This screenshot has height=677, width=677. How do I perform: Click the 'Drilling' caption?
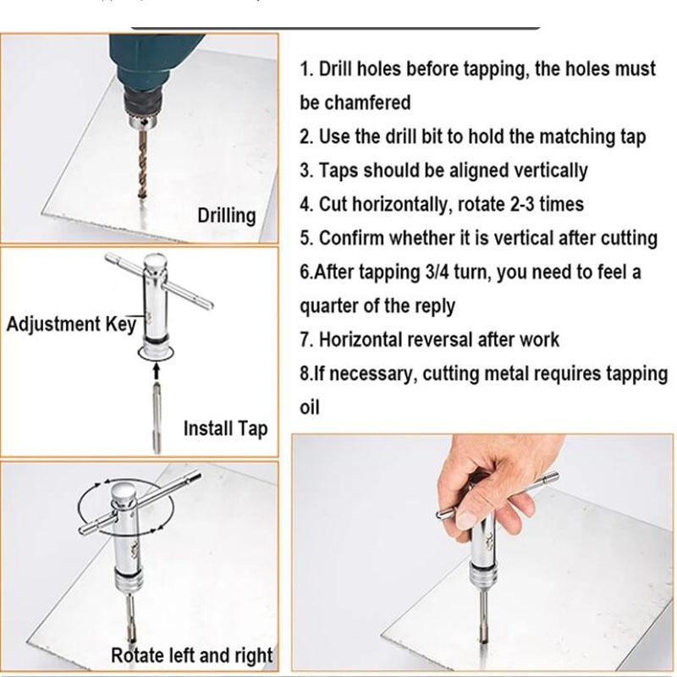click(227, 216)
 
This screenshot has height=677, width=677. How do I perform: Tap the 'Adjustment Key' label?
click(71, 324)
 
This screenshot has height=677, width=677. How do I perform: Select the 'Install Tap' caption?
click(225, 429)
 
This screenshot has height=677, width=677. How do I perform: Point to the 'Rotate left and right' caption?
click(192, 655)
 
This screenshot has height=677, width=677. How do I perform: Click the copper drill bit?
click(143, 163)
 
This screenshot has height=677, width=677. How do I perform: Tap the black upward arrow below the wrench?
click(157, 372)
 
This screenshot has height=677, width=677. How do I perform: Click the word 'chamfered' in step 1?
click(367, 102)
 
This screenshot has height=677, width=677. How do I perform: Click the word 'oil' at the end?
click(310, 407)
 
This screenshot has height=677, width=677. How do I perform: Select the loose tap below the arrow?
click(157, 418)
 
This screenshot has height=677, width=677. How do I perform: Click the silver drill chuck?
click(144, 122)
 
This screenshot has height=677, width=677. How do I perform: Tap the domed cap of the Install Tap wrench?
click(155, 262)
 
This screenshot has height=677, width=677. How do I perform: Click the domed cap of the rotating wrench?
click(123, 492)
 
